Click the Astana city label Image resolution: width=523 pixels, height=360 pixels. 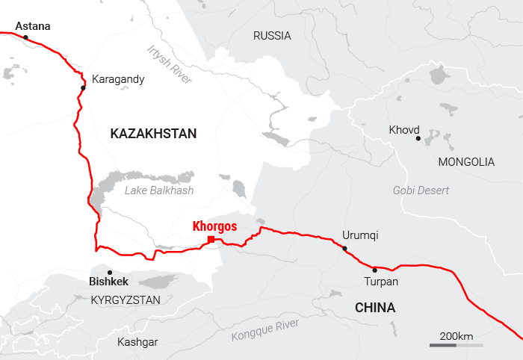pos(33,26)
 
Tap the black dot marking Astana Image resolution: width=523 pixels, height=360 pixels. pos(25,37)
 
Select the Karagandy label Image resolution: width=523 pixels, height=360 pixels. pos(118,78)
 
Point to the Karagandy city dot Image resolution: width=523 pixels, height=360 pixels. pos(83,88)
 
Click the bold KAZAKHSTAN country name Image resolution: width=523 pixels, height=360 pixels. pos(153,134)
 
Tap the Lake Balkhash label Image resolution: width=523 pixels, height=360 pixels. pos(159,190)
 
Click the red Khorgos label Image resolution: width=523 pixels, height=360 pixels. pos(214,226)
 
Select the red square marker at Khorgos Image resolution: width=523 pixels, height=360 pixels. pos(211,239)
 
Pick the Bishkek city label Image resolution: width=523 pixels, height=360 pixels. pos(109,282)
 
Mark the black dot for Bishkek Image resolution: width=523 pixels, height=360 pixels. pos(110,272)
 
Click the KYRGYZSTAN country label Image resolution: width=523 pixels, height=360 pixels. pos(126,300)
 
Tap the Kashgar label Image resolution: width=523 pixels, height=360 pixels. pos(137,342)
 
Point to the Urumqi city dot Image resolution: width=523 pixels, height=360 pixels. pos(344,248)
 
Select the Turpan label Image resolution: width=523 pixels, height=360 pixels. pos(381,282)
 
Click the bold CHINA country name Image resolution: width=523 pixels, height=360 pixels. pos(375,308)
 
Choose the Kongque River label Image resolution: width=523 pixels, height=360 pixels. pos(265,329)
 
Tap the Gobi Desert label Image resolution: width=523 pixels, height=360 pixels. pos(421,190)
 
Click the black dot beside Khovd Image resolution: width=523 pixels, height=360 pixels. pos(418,138)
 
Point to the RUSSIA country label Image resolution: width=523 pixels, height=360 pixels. pos(272,36)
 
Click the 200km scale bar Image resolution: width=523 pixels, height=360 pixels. pos(456,345)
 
